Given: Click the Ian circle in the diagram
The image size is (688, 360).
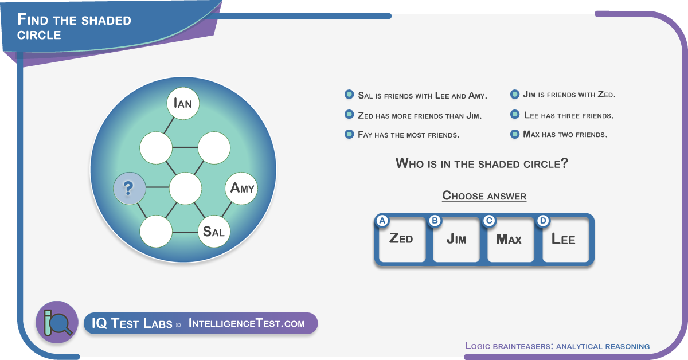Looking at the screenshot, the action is (183, 104).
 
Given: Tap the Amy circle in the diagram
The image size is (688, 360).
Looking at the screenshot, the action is (241, 188).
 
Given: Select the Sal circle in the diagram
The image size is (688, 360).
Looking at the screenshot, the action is (214, 232).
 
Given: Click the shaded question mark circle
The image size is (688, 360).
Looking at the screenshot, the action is (130, 188).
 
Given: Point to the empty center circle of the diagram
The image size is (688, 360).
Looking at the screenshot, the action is (185, 188).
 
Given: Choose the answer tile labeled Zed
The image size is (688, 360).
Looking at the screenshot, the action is (402, 240).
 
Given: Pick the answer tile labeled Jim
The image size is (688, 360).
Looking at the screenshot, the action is (456, 240).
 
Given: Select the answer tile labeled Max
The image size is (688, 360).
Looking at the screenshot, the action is (510, 240).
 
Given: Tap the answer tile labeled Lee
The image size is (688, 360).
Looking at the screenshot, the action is (565, 240).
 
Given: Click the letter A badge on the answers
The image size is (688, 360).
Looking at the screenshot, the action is (382, 220).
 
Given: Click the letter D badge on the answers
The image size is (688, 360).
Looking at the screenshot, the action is (543, 220).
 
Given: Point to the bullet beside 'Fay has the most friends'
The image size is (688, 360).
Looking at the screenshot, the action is (349, 134).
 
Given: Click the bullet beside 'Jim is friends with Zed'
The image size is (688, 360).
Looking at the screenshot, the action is (515, 95).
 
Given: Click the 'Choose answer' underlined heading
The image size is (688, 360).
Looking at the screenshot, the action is (484, 196).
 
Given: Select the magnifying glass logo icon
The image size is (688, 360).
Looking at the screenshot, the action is (57, 322).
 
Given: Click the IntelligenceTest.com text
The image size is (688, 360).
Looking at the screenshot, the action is (247, 323).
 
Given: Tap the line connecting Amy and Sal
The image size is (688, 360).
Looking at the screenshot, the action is (226, 210).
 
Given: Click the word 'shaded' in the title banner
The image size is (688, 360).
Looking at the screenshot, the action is (106, 21).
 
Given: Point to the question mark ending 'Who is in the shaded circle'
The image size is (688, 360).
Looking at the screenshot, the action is (564, 163).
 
